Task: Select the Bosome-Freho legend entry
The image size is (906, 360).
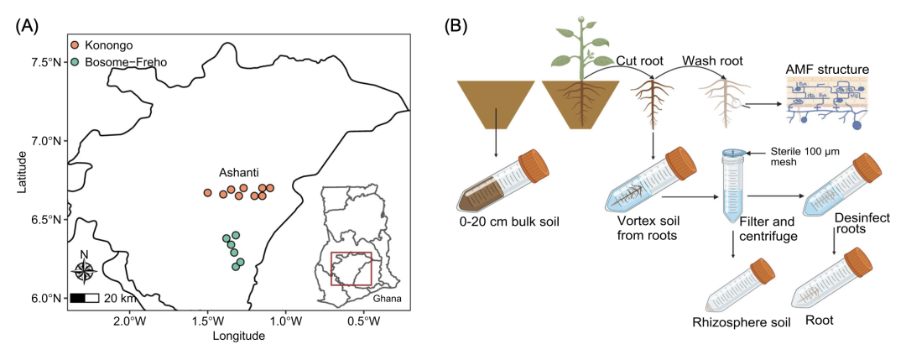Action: pos(115,60)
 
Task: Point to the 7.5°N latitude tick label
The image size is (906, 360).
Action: pos(45,62)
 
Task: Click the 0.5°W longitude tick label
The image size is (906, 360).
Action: pos(363,321)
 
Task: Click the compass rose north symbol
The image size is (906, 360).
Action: pos(84,269)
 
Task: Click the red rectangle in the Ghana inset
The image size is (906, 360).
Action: pos(351,269)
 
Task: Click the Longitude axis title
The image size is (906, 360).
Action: pos(238,337)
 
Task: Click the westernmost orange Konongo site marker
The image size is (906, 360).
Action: pos(208,193)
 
